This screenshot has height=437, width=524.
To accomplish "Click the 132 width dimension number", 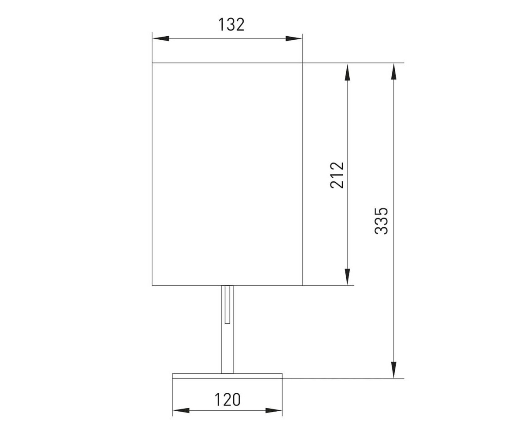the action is (x=231, y=24).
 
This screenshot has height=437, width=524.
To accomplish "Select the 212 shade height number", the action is (x=337, y=175).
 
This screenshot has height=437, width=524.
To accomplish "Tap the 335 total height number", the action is (x=381, y=221).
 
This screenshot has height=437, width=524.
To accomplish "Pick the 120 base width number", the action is (x=228, y=400).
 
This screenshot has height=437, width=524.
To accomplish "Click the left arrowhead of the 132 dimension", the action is (x=161, y=38).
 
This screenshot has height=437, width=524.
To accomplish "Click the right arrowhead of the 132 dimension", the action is (x=294, y=38).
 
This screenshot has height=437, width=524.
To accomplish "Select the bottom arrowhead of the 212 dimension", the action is (x=347, y=277).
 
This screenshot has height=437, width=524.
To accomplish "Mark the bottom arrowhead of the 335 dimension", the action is (x=394, y=370).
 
